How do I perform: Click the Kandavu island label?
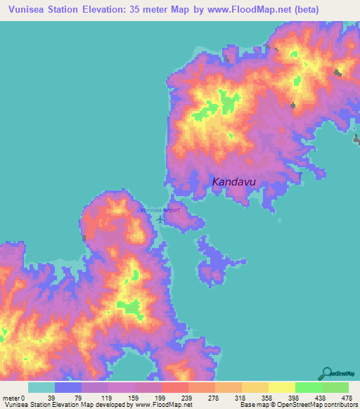tap(233, 183)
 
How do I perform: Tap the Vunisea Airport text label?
tap(160, 210)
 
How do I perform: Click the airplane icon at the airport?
tap(161, 219)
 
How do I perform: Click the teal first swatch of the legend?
tap(41, 387)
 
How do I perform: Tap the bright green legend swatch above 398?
tap(308, 387)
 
